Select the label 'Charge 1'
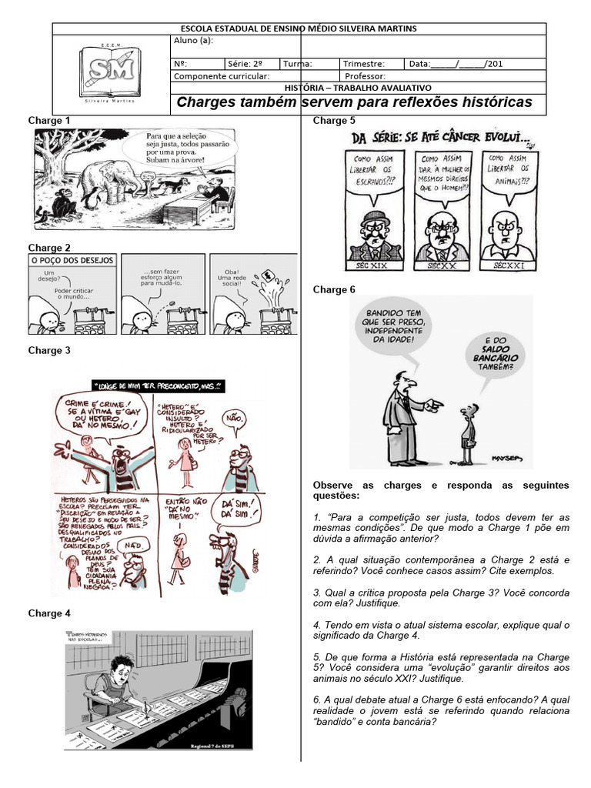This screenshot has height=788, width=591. point(49,121)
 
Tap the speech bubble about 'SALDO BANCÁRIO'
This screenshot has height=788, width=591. point(490,352)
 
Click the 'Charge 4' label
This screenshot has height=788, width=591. point(49,613)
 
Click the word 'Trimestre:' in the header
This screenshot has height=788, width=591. point(364,64)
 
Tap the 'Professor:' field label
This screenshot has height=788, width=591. point(366,77)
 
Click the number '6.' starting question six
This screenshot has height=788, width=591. point(318,700)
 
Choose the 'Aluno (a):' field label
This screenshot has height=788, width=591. point(195,41)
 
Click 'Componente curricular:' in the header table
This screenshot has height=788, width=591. point(222,77)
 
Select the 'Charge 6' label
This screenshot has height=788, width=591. point(334,289)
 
